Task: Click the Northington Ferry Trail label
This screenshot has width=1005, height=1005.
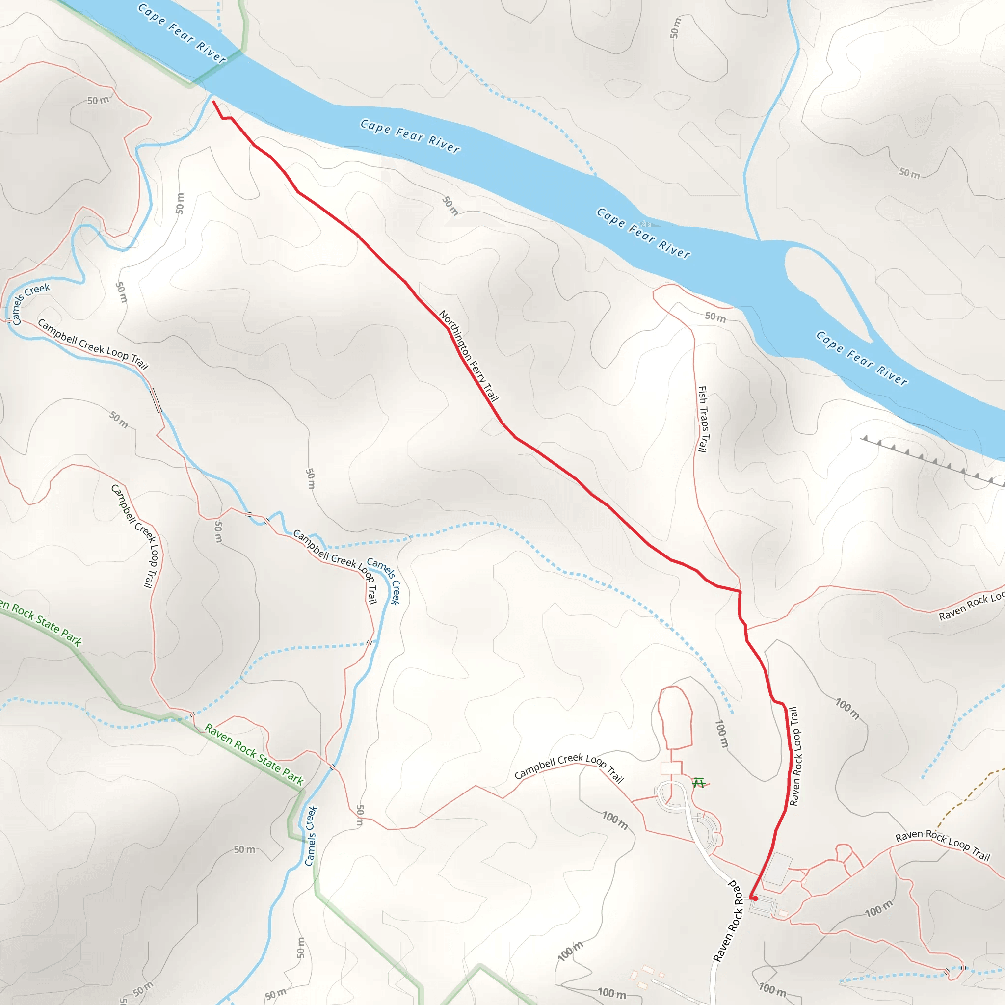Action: click(468, 356)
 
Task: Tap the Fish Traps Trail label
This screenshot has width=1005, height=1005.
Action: click(703, 419)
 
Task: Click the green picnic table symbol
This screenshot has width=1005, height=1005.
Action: click(699, 782)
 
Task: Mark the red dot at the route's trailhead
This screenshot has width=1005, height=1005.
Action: click(754, 899)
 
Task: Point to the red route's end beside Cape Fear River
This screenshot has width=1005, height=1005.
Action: click(214, 102)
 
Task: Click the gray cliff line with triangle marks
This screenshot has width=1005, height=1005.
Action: click(931, 461)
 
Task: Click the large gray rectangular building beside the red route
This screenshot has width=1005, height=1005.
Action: click(778, 868)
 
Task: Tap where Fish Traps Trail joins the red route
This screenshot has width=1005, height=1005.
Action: click(739, 591)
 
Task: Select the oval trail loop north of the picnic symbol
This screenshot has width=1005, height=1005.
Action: click(675, 717)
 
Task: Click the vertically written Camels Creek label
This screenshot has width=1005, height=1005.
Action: click(311, 836)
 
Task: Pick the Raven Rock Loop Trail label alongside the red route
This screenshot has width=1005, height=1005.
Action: click(795, 756)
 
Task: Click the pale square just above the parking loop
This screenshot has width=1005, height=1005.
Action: click(670, 768)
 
